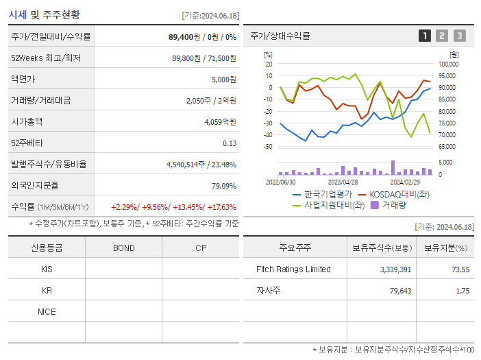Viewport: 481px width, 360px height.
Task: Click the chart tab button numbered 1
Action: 425,36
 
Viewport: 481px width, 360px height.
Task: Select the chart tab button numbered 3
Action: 459,36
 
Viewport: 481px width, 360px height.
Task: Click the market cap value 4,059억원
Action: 220,121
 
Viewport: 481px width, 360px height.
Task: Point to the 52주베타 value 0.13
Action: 230,143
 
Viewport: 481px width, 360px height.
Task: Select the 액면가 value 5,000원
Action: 223,79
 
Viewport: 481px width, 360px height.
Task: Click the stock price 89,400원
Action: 185,36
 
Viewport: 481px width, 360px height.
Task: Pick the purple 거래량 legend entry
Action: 394,204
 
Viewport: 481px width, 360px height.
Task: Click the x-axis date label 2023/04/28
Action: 343,182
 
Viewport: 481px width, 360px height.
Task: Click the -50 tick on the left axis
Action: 268,146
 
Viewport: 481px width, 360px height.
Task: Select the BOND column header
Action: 123,248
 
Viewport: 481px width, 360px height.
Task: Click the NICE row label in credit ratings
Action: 47,311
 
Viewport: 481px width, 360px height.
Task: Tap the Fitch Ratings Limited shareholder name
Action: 293,269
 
